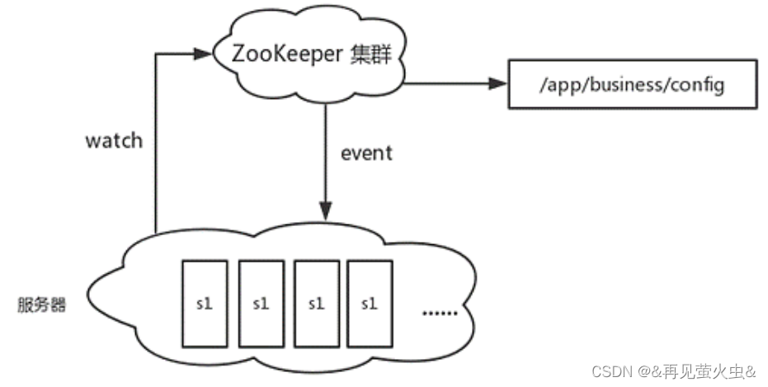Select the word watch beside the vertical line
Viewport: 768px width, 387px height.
click(x=114, y=140)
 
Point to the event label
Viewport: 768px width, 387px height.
click(x=366, y=153)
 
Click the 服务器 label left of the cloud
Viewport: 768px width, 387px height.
click(x=42, y=304)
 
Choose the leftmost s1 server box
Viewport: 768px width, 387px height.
click(x=204, y=304)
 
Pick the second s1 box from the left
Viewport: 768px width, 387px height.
click(x=260, y=304)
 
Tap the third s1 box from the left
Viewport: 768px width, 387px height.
click(x=315, y=304)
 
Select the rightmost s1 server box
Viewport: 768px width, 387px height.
click(x=369, y=304)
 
